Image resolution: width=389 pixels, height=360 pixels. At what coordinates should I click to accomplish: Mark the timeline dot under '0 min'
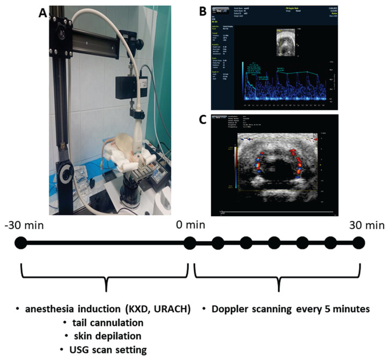point(189,243)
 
